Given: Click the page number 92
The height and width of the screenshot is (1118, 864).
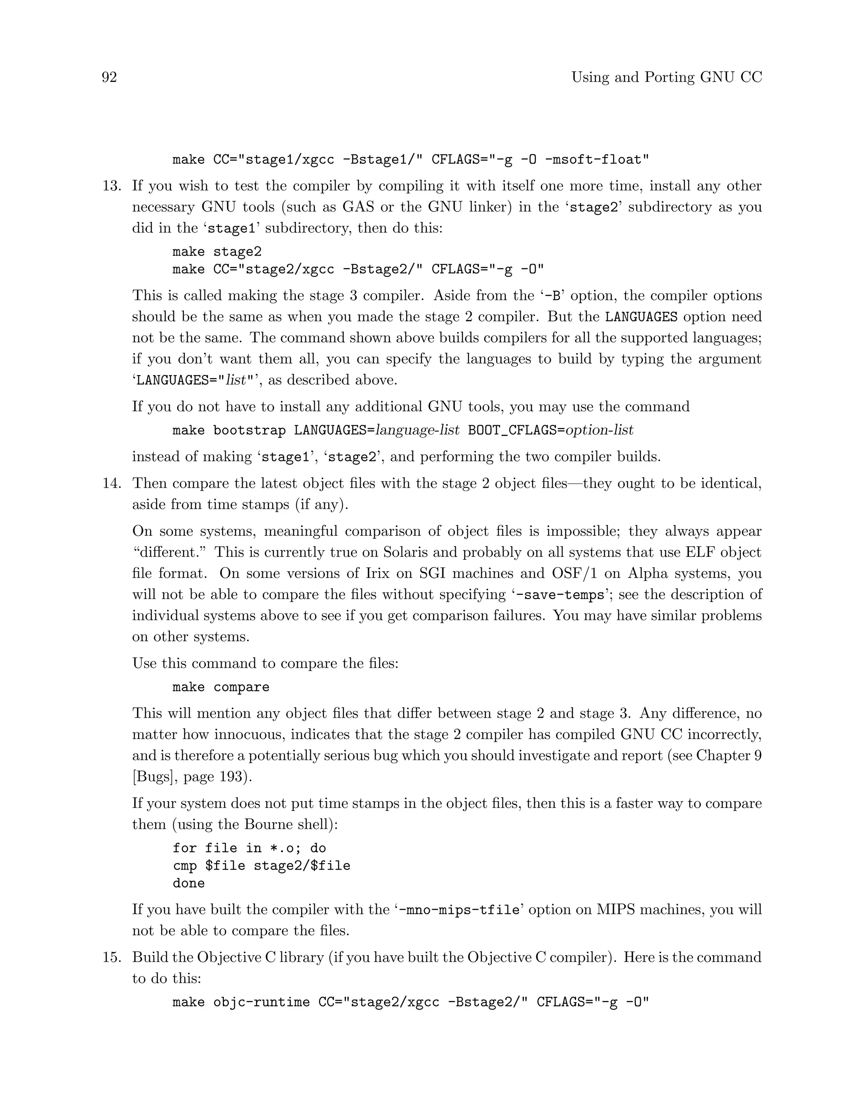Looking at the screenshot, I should pos(110,77).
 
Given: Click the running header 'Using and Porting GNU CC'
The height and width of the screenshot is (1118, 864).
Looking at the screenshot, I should pos(667,77).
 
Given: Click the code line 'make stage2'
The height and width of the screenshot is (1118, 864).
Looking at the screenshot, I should pos(217,252).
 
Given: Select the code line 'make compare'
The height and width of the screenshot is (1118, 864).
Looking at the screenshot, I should pos(221,687).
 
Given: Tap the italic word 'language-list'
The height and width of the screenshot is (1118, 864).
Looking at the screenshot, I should pos(418,430).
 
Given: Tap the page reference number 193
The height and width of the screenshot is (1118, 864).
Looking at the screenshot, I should pos(233,777).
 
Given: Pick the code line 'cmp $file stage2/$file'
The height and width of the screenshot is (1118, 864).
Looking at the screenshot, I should pos(261,866).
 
